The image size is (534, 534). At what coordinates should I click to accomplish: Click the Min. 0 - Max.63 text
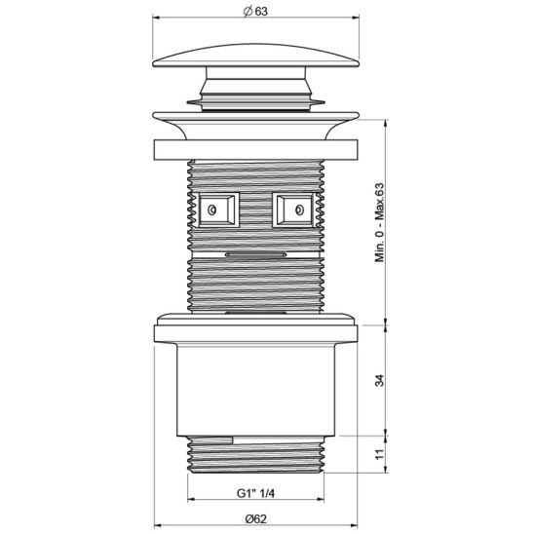[382, 223]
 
